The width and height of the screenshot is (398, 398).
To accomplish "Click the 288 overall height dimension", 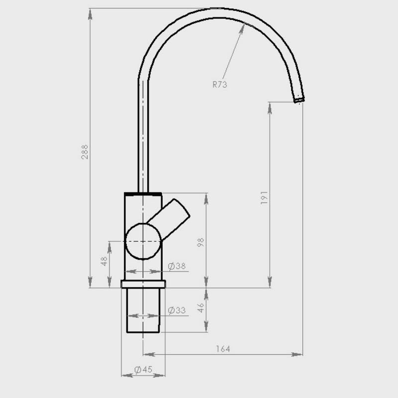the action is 85,152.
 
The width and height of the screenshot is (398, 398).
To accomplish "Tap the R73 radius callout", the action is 219,84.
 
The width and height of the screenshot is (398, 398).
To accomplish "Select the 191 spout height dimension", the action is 264,198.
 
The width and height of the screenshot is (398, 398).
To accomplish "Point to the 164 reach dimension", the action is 223,349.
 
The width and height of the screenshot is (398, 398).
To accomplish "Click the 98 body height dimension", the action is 200,242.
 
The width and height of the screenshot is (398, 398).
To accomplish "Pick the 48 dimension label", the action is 104,261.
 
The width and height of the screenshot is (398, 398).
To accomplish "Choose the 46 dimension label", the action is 200,307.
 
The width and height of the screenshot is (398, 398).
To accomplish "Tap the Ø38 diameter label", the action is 177,266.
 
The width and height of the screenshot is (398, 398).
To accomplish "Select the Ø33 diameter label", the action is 177,310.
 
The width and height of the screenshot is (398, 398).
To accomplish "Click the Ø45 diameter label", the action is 143,370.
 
